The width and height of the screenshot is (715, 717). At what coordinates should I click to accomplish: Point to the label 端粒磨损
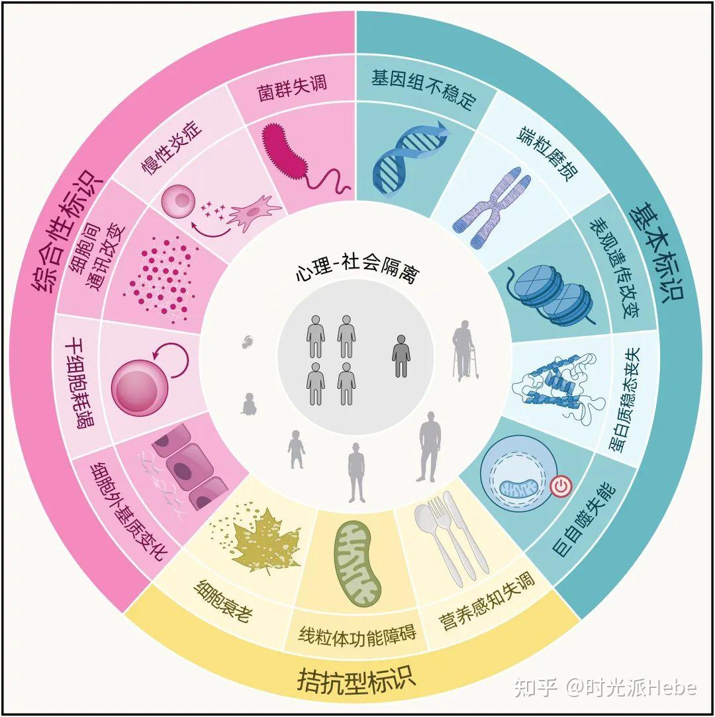click(x=548, y=154)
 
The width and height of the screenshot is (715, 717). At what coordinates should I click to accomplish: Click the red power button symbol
click(x=560, y=487)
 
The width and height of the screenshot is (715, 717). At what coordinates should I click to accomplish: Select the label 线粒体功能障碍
click(x=358, y=635)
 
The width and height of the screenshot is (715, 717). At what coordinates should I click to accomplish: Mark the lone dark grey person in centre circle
click(x=401, y=355)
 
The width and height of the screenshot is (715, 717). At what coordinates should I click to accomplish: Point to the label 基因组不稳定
click(x=424, y=89)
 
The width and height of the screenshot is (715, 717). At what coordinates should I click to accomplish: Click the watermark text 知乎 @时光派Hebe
click(x=606, y=687)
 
